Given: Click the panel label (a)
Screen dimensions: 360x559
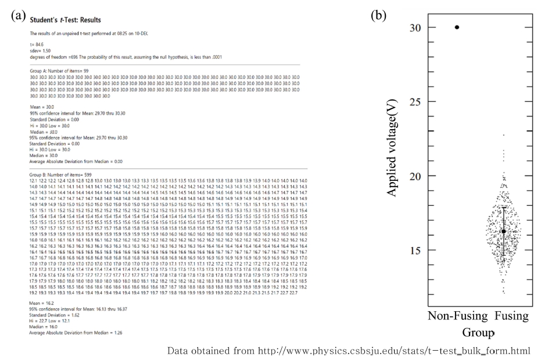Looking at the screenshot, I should tap(18, 16).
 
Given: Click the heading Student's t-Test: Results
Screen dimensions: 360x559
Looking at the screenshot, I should tap(65, 20).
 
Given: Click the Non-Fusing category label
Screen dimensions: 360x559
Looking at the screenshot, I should tap(457, 316).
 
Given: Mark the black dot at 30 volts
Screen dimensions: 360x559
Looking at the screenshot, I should tap(457, 27).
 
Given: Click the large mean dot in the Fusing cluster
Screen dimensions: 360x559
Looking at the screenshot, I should tap(504, 231).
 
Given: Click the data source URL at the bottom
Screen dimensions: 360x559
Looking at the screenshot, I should tap(349, 351).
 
